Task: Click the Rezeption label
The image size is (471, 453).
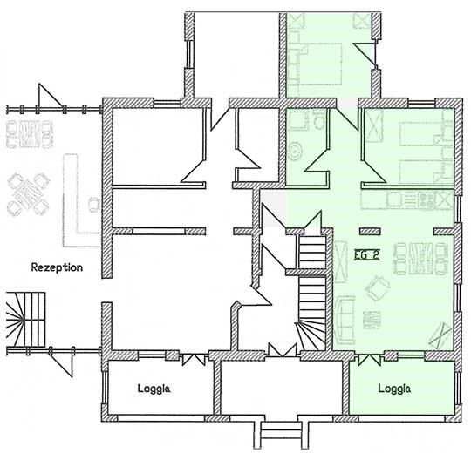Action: pos(56,267)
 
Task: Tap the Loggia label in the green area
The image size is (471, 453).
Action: pos(395,389)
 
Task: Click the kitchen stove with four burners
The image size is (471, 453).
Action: pos(427,199)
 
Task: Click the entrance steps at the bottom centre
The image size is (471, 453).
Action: pos(279,430)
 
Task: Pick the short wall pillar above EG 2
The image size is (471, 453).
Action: pos(370,230)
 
